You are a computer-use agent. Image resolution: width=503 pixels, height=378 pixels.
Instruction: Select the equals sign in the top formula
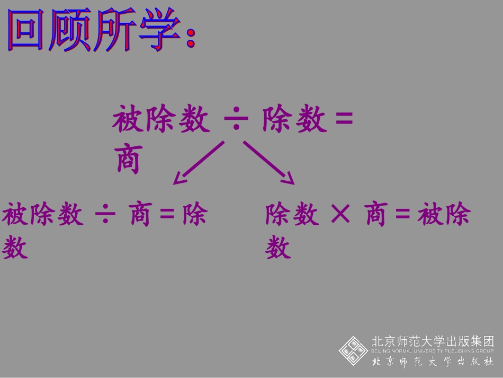344,119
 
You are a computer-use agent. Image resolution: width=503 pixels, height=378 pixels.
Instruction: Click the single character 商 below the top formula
128,160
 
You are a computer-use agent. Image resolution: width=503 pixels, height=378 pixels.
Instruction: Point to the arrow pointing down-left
198,163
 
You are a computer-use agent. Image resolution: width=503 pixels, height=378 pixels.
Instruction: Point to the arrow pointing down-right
269,163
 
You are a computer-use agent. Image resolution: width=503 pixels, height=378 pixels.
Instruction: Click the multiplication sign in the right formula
340,215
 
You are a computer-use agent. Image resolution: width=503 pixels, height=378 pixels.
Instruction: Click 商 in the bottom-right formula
376,216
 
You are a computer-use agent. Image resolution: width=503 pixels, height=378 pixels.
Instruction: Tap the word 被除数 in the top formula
161,120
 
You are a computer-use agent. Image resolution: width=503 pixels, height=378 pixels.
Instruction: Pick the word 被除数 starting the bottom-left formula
43,216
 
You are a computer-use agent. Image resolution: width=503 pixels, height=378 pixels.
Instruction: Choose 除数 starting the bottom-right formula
292,216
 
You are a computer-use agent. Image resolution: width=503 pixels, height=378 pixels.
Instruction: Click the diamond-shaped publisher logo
353,350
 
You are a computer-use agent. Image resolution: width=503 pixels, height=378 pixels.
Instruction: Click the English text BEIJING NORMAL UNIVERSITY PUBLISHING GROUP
433,351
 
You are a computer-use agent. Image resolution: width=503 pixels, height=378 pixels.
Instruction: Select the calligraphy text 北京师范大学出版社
433,362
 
